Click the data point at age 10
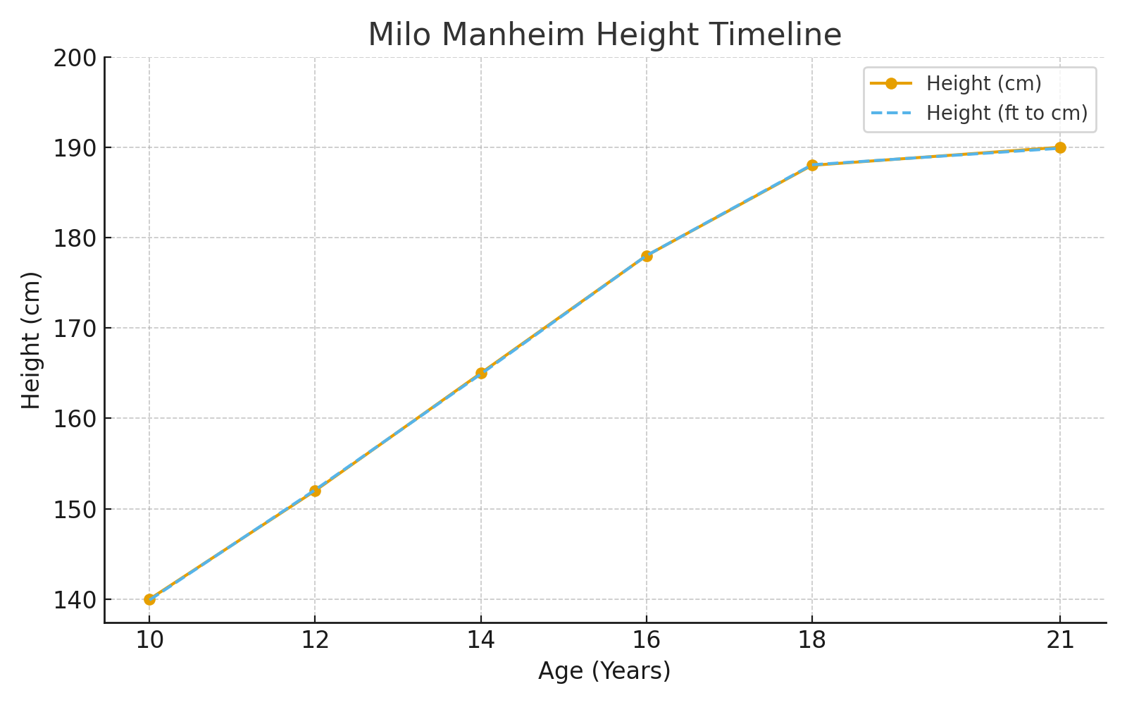pyautogui.click(x=149, y=599)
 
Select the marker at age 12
pyautogui.click(x=315, y=491)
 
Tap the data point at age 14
pyautogui.click(x=481, y=373)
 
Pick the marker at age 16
pyautogui.click(x=647, y=256)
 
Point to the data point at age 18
pyautogui.click(x=812, y=165)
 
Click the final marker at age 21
pyautogui.click(x=1060, y=147)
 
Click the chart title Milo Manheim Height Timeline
pyautogui.click(x=604, y=35)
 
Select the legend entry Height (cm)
pyautogui.click(x=983, y=83)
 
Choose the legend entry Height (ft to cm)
pyautogui.click(x=1007, y=113)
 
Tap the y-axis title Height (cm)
pyautogui.click(x=31, y=340)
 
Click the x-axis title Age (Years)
pyautogui.click(x=604, y=670)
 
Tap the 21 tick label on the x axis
pyautogui.click(x=1060, y=640)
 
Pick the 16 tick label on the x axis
pyautogui.click(x=647, y=640)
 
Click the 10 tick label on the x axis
pyautogui.click(x=149, y=640)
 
